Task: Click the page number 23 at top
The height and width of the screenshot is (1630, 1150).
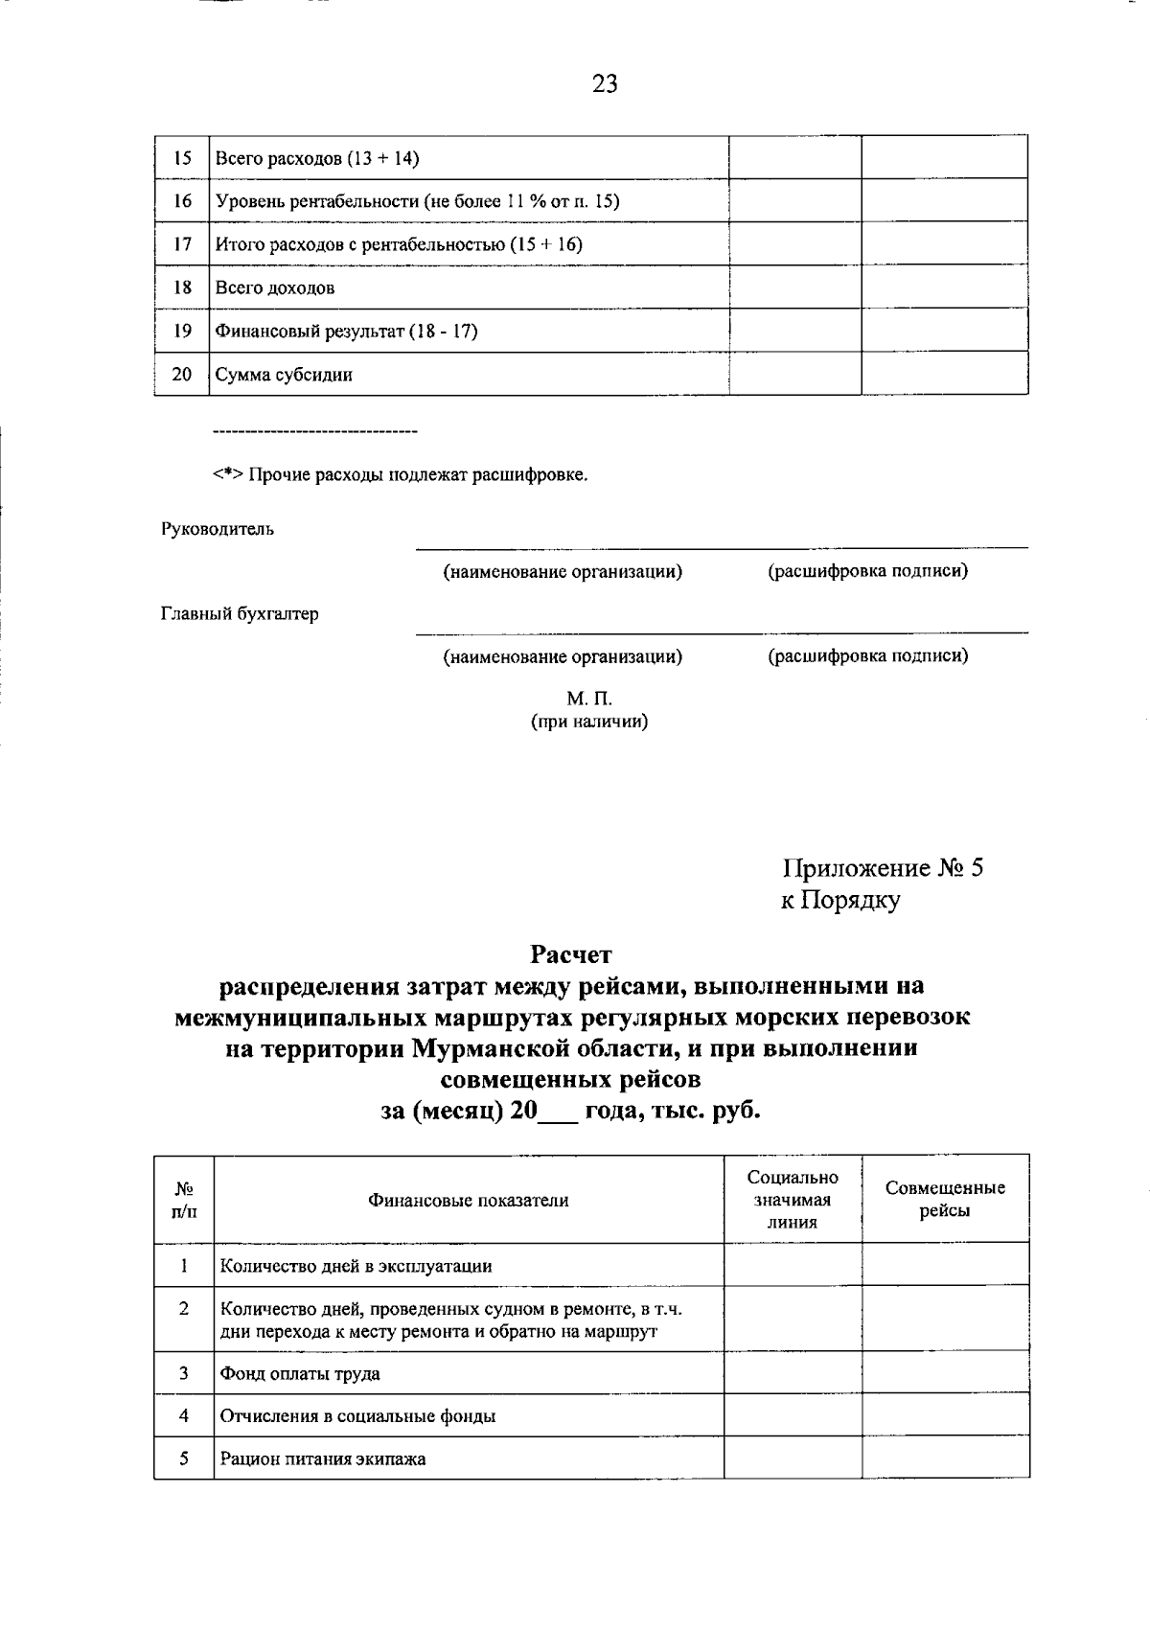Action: tap(605, 84)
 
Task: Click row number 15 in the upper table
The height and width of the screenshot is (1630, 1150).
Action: tap(182, 158)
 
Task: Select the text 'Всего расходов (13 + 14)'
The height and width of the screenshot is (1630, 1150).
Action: tap(317, 158)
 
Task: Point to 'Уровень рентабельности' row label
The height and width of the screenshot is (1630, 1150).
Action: tap(417, 201)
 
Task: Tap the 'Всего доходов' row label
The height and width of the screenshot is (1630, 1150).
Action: tap(275, 287)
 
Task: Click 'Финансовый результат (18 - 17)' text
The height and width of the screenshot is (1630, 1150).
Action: tap(346, 332)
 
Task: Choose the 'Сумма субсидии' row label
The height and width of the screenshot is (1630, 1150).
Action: tap(284, 375)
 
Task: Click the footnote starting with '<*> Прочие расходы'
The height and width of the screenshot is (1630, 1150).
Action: tap(400, 475)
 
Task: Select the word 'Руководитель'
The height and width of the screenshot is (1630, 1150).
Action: tap(217, 529)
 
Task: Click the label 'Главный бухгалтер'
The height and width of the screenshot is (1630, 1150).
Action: tap(240, 614)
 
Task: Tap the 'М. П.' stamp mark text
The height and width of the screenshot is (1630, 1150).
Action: tap(589, 700)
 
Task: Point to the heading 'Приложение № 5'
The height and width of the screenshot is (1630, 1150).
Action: tap(883, 868)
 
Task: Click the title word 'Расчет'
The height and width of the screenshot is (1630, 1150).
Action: tap(571, 954)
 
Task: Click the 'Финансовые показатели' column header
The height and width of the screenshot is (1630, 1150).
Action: tap(469, 1201)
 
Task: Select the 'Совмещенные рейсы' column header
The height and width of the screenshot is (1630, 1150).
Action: tap(945, 1199)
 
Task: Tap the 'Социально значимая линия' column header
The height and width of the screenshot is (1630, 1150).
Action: tap(792, 1200)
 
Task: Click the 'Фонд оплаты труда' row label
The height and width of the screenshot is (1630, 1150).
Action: tap(300, 1373)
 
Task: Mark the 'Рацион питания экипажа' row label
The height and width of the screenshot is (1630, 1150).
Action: tap(323, 1459)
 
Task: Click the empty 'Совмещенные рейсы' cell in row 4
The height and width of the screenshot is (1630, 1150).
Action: tap(945, 1415)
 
